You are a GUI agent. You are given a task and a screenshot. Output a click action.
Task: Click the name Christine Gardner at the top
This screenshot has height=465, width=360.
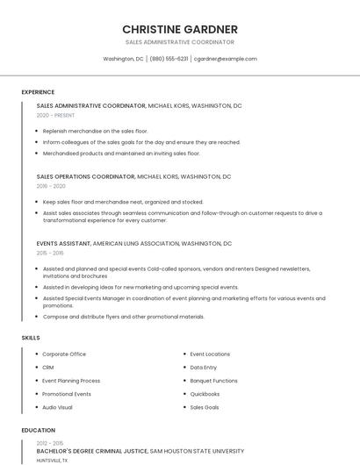180,29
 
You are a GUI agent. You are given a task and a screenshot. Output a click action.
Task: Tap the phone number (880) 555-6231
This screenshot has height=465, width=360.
169,59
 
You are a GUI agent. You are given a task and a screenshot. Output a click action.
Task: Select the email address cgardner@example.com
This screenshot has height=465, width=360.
225,59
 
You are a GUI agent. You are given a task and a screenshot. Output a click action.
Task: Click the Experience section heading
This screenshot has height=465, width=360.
38,92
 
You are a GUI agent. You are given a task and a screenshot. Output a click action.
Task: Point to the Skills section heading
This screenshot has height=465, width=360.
31,337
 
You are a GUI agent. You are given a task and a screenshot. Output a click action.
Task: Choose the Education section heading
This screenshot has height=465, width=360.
39,431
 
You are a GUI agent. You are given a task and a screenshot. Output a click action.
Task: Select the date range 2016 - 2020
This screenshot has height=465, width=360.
51,186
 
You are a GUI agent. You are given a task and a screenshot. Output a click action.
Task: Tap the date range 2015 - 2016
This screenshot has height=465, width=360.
51,253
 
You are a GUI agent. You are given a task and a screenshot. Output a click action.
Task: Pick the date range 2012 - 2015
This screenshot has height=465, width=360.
51,443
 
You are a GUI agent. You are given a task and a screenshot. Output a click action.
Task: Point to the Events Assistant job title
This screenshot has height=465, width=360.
63,243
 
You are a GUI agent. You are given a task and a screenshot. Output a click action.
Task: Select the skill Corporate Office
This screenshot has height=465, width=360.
64,354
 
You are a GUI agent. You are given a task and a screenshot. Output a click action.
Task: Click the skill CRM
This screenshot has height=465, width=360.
48,368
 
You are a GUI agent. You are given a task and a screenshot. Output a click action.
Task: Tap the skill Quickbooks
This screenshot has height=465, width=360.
205,394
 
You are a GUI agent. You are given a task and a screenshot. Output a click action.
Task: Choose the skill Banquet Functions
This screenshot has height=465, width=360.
213,381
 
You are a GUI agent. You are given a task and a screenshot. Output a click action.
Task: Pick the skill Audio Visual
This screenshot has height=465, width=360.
58,407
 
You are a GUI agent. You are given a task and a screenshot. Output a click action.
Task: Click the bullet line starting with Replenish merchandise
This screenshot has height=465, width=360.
95,131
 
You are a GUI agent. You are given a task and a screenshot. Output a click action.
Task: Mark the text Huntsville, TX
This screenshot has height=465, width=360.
52,460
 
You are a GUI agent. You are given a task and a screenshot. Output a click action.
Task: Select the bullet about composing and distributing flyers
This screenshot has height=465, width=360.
123,317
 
